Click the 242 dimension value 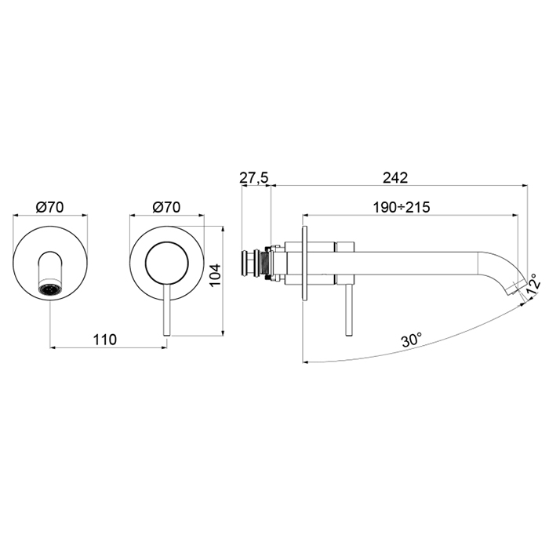pos(395,178)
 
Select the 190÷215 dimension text pos(401,208)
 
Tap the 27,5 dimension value pos(254,178)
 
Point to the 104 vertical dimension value pos(216,274)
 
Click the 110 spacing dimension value pos(104,340)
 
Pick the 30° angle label pos(412,340)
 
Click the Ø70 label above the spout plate pos(49,207)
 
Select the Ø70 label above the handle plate pos(166,207)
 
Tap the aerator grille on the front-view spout pos(50,289)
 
